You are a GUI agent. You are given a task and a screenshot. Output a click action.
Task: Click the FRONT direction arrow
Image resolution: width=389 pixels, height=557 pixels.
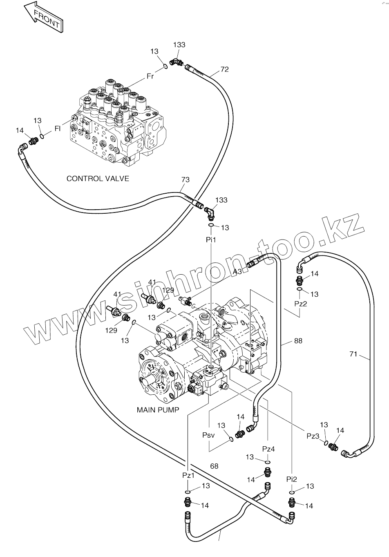click(43, 17)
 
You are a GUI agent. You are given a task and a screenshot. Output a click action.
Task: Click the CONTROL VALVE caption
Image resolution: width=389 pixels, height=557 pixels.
click(98, 179)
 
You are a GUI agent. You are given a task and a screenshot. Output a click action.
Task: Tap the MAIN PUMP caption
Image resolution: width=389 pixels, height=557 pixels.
click(158, 409)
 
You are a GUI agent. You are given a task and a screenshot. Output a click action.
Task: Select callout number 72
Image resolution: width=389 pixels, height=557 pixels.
click(224, 69)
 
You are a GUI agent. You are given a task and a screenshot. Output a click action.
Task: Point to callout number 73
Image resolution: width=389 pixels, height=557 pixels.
click(186, 180)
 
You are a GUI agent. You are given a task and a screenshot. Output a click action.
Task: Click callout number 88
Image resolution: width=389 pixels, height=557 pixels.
click(298, 340)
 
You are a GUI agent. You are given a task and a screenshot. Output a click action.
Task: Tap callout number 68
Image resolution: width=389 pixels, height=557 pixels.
click(214, 466)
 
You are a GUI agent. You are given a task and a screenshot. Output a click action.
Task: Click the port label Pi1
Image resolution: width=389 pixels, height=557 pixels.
click(211, 240)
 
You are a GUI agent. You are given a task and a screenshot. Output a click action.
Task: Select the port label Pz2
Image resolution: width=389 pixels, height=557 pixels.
click(300, 304)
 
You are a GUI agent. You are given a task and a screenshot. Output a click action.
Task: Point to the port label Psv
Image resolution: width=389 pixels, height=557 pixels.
click(208, 435)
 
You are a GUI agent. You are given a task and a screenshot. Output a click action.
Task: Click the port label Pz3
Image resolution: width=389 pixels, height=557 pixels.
click(313, 436)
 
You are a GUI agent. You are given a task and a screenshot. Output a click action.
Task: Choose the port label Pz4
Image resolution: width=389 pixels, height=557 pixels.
click(268, 449)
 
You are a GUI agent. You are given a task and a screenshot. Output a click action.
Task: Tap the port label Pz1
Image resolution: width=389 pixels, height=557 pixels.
click(188, 475)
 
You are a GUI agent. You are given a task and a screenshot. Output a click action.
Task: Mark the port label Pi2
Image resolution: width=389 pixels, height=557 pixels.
click(292, 479)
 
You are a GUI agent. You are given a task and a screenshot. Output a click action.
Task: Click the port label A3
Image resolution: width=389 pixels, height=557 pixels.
click(237, 271)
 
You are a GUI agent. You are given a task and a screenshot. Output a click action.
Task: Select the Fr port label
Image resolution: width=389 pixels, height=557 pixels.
click(150, 76)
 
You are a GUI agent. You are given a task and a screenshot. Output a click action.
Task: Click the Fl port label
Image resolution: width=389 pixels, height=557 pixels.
click(58, 129)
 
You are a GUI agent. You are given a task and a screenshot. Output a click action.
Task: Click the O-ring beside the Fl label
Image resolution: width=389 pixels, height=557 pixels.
click(42, 135)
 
